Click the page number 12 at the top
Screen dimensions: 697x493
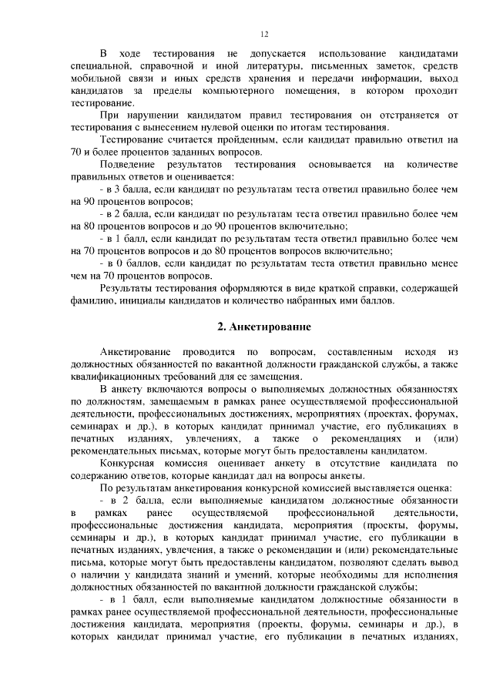coord(264,35)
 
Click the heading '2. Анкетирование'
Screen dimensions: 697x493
coord(264,327)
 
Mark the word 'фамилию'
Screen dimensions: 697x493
coord(92,301)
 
